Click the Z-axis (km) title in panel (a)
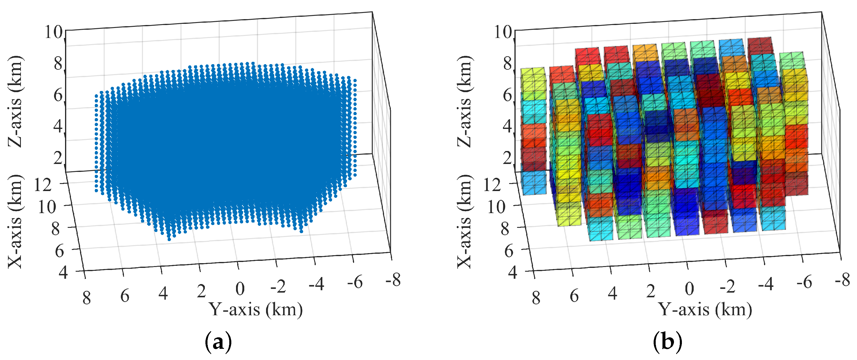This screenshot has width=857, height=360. [x=15, y=102]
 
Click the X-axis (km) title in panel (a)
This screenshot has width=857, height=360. [x=15, y=221]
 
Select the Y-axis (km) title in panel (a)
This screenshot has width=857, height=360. [x=255, y=309]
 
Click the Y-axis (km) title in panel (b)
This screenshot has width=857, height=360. [x=705, y=309]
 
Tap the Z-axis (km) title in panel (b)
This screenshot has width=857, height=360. [x=464, y=102]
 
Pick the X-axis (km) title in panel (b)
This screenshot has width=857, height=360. [x=464, y=221]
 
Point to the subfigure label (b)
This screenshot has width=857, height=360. [x=667, y=342]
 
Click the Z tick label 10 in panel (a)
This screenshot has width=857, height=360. [x=54, y=32]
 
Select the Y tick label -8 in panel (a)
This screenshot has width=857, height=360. [x=393, y=280]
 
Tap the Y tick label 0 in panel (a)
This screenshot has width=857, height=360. [x=240, y=289]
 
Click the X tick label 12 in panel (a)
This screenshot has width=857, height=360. [x=43, y=185]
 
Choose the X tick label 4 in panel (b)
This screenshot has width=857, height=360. [x=512, y=273]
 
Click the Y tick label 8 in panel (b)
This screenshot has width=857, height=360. [x=536, y=298]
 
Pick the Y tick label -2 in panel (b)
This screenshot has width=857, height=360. [x=727, y=286]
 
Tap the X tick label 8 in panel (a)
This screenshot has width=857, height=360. [x=56, y=229]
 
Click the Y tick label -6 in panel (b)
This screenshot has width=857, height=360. [x=804, y=283]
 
